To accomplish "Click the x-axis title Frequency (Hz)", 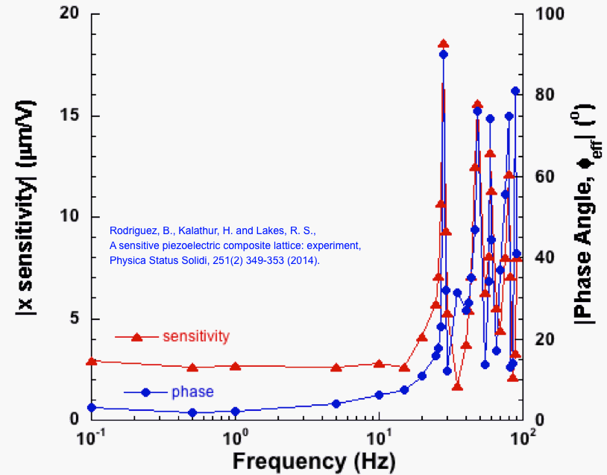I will pos(309,461).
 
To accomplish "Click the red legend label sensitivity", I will pos(195,336).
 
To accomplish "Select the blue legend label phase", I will pos(192,391).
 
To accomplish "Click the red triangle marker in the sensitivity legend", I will pos(136,337).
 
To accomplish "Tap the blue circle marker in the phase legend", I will pos(146,391).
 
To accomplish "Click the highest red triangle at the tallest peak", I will pos(443,44).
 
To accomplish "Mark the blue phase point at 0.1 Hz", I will pos(92,408).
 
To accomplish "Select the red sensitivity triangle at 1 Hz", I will pos(236,366).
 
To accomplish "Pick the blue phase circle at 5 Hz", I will pos(336,403).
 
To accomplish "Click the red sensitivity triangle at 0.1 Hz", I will pos(92,361).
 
